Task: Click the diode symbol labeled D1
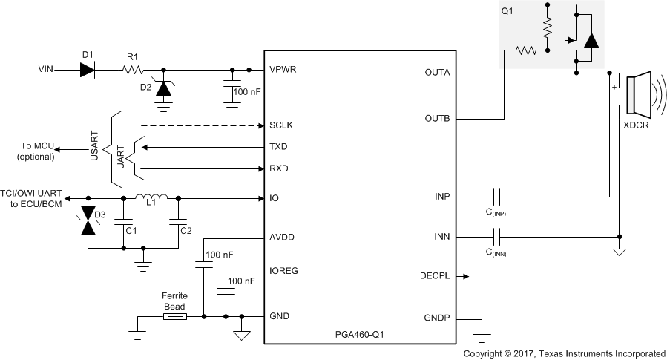click(88, 70)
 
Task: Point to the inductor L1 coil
click(152, 197)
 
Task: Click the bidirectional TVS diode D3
click(89, 220)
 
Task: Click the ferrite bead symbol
click(174, 317)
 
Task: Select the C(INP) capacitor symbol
click(498, 197)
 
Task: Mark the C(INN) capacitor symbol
click(498, 237)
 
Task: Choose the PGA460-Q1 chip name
click(359, 335)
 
